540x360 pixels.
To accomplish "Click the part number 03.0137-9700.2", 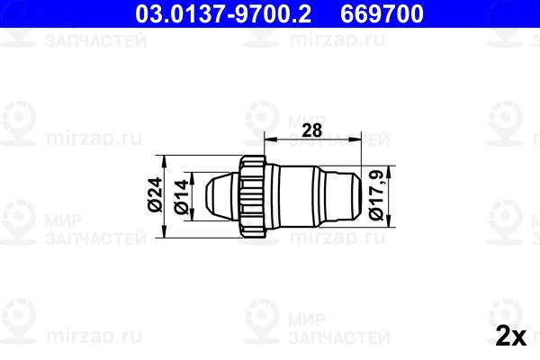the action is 223,13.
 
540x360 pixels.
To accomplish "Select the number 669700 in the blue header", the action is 382,13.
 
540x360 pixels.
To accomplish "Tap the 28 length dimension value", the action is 311,130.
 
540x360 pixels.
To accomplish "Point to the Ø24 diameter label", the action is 155,194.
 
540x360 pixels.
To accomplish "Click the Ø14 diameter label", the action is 181,197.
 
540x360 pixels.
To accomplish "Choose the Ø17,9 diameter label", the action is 375,195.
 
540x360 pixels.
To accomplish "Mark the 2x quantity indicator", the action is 511,336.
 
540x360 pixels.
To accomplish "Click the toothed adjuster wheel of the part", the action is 253,196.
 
